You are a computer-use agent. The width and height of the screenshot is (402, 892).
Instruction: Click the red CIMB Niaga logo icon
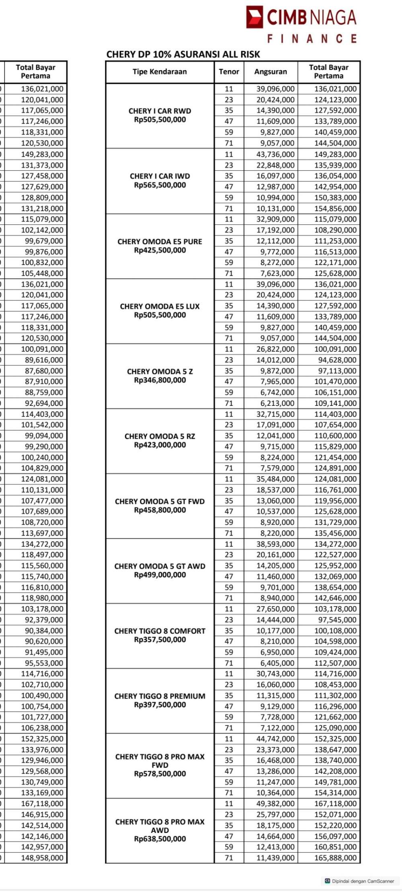tap(254, 17)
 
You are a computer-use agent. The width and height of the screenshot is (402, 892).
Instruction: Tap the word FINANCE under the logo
tap(312, 39)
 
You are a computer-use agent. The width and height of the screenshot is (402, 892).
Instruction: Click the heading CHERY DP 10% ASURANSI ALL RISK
tap(183, 54)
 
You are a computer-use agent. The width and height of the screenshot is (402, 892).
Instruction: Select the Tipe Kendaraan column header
tap(160, 71)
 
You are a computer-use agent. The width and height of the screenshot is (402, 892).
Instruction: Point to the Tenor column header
tap(229, 71)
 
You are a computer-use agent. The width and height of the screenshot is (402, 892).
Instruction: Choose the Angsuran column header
tap(271, 71)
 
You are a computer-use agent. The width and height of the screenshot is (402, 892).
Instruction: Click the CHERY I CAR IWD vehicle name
tap(160, 176)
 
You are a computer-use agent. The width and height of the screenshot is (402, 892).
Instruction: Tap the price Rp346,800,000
tap(160, 380)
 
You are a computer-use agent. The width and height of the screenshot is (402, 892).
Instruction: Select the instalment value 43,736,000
tap(275, 154)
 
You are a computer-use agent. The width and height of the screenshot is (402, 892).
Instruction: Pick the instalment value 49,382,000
tap(275, 804)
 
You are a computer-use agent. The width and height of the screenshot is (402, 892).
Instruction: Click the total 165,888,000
tap(335, 857)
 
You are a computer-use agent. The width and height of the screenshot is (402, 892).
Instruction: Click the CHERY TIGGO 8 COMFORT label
tap(160, 631)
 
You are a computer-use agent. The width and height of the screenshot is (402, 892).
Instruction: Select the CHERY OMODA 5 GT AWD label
tap(160, 566)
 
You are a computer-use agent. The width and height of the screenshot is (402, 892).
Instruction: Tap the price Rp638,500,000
tap(160, 839)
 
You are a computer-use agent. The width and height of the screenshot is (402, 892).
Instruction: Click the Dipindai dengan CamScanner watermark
tap(362, 881)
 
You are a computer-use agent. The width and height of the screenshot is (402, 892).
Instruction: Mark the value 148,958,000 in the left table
tap(42, 857)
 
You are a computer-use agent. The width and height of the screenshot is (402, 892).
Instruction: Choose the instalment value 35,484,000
tap(275, 479)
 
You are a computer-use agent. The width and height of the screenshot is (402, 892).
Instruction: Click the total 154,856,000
tap(335, 208)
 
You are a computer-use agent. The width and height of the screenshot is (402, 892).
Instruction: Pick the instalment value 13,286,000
tap(275, 771)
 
